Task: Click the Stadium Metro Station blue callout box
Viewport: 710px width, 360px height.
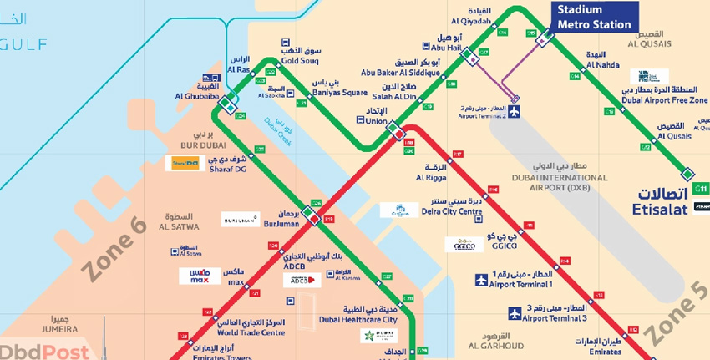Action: point(594,17)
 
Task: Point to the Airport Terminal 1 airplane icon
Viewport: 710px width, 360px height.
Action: point(481,280)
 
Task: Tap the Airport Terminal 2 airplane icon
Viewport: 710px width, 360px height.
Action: point(514,112)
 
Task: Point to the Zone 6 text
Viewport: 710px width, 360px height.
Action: point(115,246)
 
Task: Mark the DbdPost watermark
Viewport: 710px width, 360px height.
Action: point(33,351)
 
